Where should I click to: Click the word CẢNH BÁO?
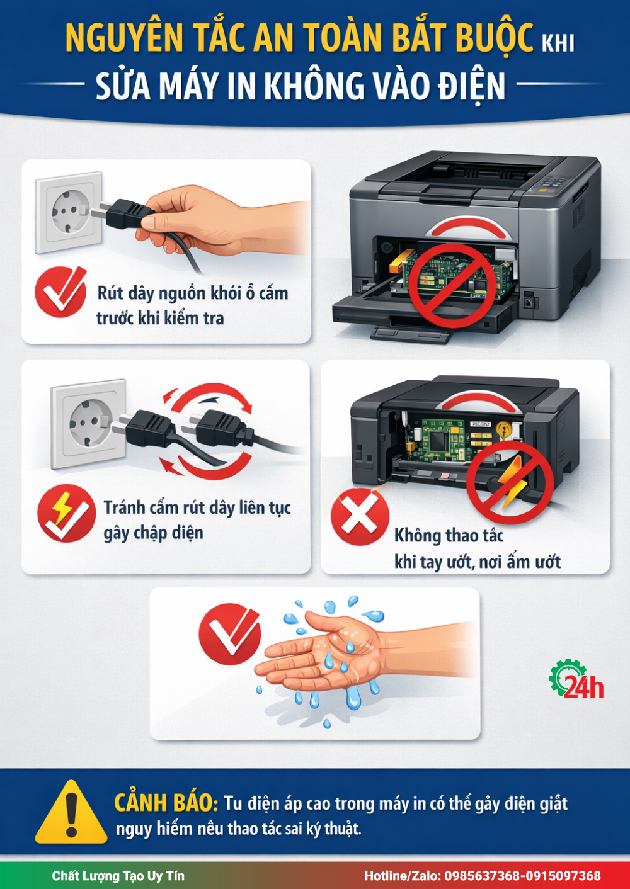(166, 803)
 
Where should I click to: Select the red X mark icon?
(360, 516)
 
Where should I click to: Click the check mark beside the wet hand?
(229, 634)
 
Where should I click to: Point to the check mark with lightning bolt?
(66, 513)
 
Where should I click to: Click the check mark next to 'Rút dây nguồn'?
(60, 292)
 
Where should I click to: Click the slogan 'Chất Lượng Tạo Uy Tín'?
(118, 876)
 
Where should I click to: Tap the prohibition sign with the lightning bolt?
(510, 482)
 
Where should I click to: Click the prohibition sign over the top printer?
(453, 286)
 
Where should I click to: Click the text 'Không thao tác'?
(449, 536)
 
